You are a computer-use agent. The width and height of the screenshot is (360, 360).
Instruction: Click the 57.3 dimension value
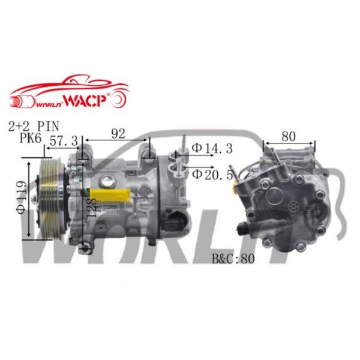64,142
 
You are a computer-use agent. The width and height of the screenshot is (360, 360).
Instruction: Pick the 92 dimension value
118,134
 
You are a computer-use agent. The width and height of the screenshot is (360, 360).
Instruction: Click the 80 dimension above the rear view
289,136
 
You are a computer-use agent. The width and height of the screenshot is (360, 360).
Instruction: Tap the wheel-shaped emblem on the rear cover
293,204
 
